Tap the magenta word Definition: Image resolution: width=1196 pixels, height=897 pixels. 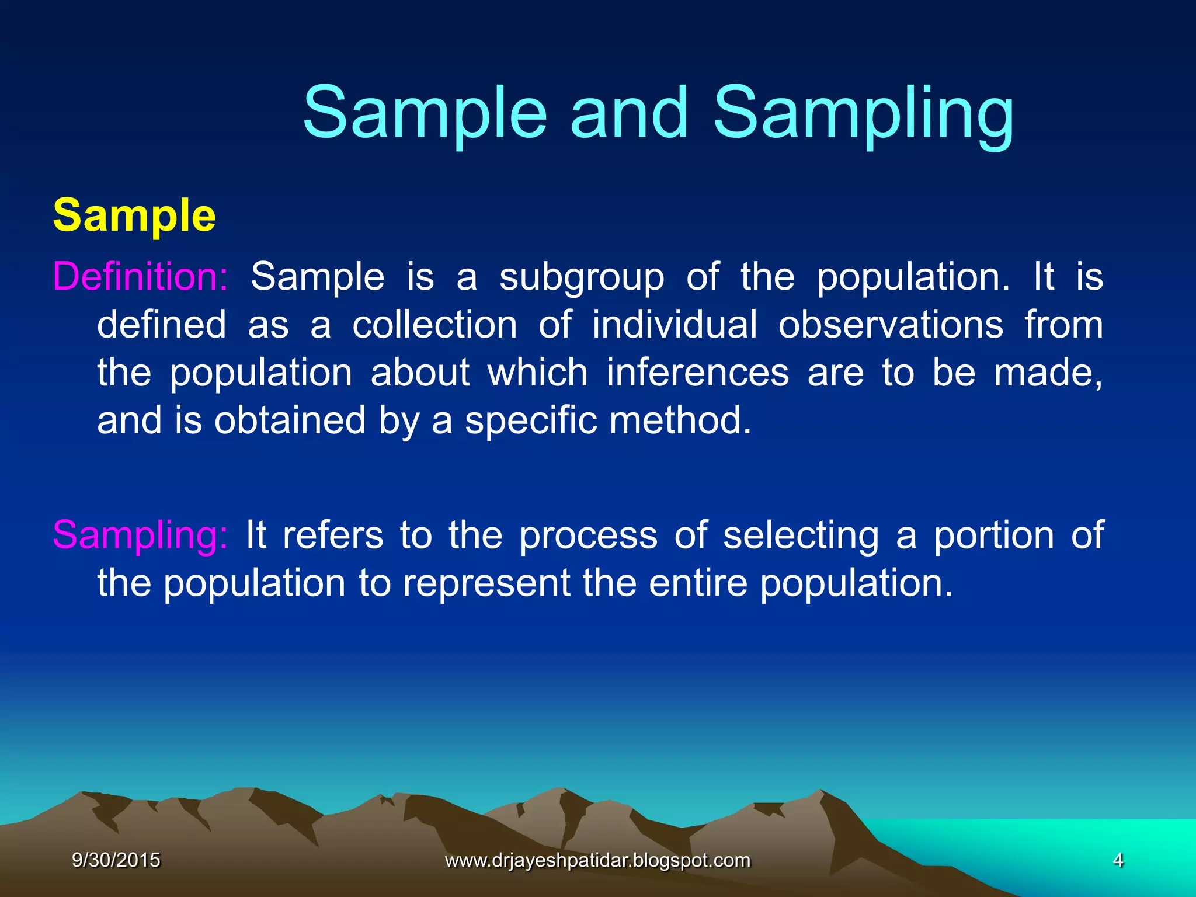tap(140, 276)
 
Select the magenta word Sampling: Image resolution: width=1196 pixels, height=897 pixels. tap(140, 535)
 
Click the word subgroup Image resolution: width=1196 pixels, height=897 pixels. tap(582, 277)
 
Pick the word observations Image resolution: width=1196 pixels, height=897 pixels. tap(891, 325)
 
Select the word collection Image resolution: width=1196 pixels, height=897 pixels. tap(434, 325)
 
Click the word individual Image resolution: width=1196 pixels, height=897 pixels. tap(675, 325)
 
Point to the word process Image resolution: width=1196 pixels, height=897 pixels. tap(589, 536)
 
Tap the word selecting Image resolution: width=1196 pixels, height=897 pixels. tap(801, 536)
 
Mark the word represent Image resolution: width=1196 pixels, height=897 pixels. tap(486, 583)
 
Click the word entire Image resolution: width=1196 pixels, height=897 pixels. tap(698, 583)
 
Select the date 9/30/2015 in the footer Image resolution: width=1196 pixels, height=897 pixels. tap(116, 860)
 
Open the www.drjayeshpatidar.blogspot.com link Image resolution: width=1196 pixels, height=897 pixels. tap(597, 860)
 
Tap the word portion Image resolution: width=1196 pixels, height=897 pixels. tap(993, 536)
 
